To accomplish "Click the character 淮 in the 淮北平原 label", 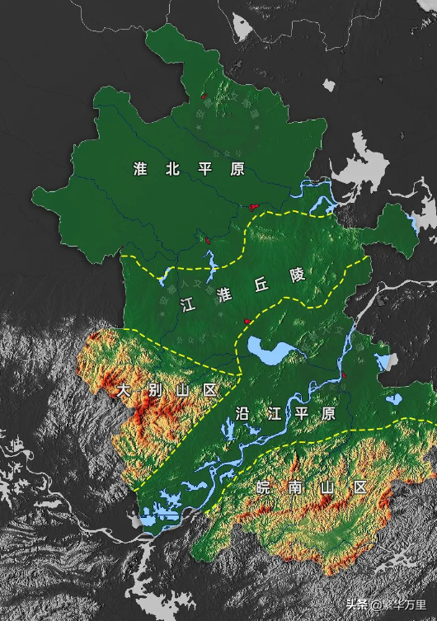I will pyautogui.click(x=140, y=169).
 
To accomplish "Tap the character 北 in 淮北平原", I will pyautogui.click(x=172, y=169).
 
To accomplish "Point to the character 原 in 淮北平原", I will pyautogui.click(x=237, y=169).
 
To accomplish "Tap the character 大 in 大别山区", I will pyautogui.click(x=124, y=388).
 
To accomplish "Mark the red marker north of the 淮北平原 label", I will pyautogui.click(x=204, y=96).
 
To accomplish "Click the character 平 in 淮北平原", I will pyautogui.click(x=205, y=169).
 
